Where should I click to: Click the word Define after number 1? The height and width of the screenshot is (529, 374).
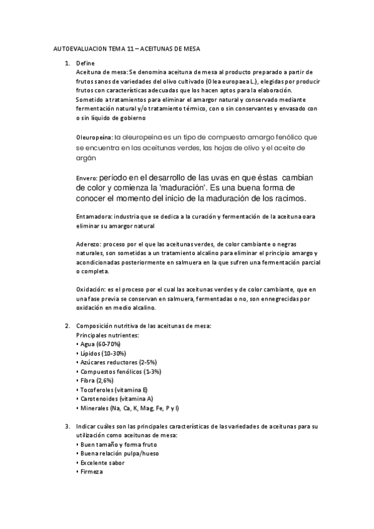[85, 64]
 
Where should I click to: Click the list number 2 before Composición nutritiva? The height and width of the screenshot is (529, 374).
[67, 326]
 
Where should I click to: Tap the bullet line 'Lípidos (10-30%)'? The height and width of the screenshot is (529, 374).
[102, 353]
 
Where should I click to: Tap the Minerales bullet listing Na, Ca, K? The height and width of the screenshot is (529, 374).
[128, 407]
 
